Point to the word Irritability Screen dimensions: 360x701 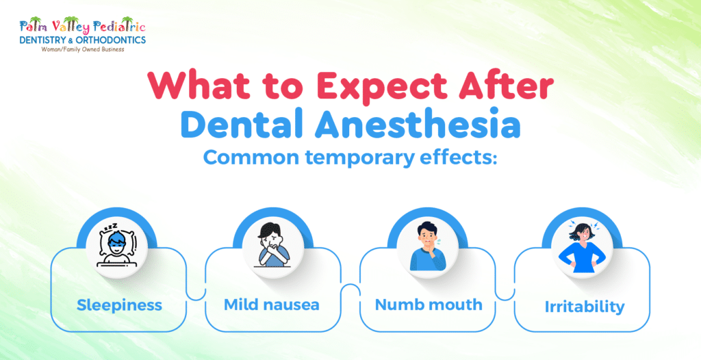(585, 306)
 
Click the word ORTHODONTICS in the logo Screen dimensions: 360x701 (110, 40)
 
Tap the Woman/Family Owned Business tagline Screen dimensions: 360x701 (81, 49)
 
